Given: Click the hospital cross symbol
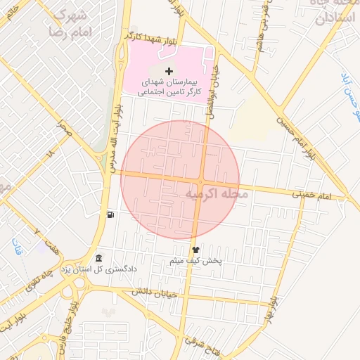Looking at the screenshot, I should tap(169, 71).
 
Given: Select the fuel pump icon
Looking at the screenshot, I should tap(110, 215).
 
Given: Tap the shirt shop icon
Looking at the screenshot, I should tap(195, 249).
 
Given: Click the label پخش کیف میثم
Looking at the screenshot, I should tap(196, 261).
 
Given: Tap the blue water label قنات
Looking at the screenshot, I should tap(16, 248).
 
